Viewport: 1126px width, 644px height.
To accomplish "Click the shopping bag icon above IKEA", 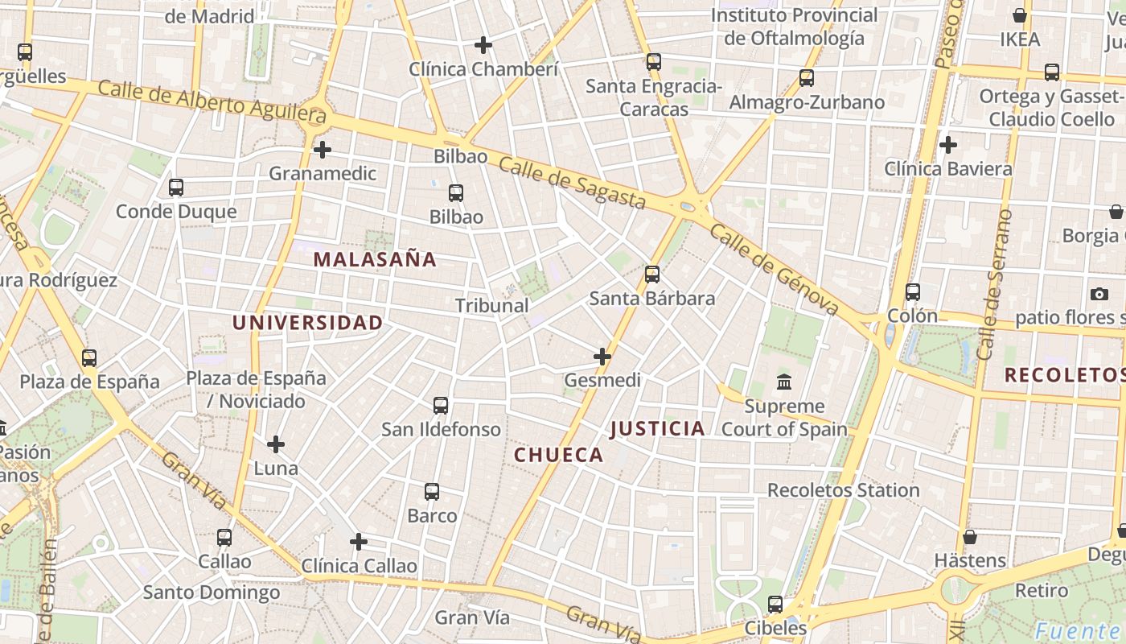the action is click(x=1020, y=15).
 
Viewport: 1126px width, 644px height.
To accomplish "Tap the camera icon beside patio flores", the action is click(x=1099, y=294).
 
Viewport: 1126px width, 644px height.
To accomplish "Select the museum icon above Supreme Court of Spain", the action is click(x=784, y=382).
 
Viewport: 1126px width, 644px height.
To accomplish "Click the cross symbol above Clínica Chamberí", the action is click(x=483, y=44).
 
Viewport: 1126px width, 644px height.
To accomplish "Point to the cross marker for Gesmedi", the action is click(x=602, y=356).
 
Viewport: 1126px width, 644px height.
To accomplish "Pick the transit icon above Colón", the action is click(x=913, y=291).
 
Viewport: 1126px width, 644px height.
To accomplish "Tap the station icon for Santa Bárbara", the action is click(x=652, y=275).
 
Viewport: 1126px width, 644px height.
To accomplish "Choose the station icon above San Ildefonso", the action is click(x=441, y=405).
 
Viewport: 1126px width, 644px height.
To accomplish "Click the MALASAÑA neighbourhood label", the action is click(x=375, y=259).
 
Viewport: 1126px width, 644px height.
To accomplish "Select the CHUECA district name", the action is click(x=559, y=455).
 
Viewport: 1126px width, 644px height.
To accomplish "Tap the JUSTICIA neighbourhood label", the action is click(x=658, y=428).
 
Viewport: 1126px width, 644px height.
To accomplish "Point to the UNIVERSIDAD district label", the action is click(x=308, y=323).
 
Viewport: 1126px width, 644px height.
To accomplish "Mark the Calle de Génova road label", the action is click(x=775, y=269).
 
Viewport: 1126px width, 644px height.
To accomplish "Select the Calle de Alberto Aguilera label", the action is click(x=212, y=103).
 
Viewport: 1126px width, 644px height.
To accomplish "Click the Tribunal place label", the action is click(x=492, y=306).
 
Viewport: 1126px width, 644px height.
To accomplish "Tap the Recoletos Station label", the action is click(x=844, y=490).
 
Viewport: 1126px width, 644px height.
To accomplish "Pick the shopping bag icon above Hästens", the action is click(x=970, y=537).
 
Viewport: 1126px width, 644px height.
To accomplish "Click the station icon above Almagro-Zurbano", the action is click(x=807, y=78).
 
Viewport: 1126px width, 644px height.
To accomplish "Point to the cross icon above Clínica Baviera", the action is click(x=948, y=145).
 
